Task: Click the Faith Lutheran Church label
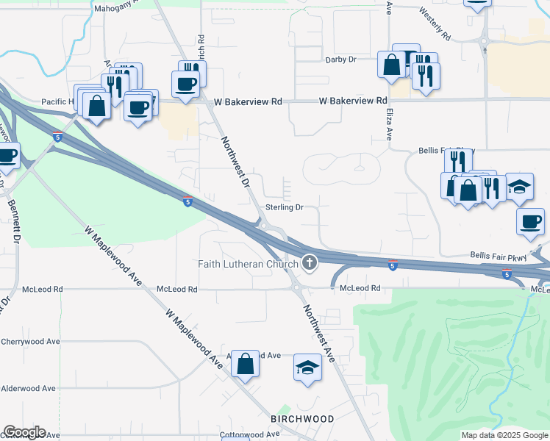point(248,263)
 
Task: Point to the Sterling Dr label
point(285,208)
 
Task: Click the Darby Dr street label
point(340,60)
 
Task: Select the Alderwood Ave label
point(29,388)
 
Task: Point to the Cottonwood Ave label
point(250,434)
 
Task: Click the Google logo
point(24,432)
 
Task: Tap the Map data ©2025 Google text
point(504,435)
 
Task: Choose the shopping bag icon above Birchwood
point(246,362)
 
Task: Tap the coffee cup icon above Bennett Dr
point(7,156)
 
